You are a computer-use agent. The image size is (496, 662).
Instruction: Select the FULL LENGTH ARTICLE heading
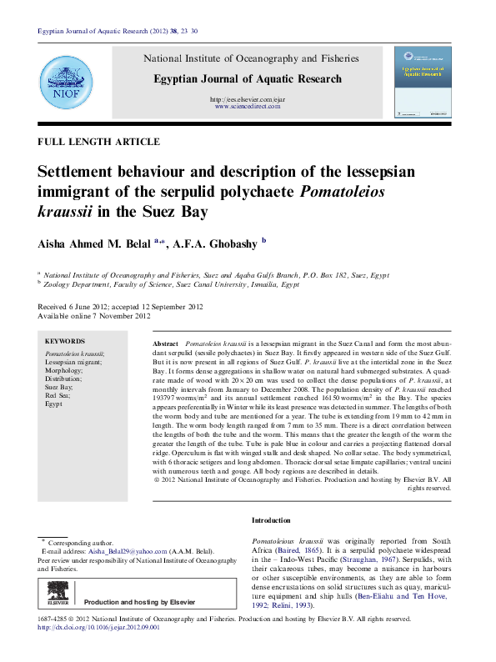(x=98, y=142)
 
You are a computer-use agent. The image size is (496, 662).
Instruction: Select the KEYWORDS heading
(x=64, y=341)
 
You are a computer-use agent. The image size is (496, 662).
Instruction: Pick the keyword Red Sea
(x=58, y=395)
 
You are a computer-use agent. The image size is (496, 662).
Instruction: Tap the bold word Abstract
(x=166, y=344)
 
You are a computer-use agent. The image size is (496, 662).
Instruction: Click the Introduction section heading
(x=271, y=520)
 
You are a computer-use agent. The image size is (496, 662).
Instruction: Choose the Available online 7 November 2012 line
(x=94, y=316)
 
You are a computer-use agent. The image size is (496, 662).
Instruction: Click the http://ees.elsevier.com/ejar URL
(x=251, y=99)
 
